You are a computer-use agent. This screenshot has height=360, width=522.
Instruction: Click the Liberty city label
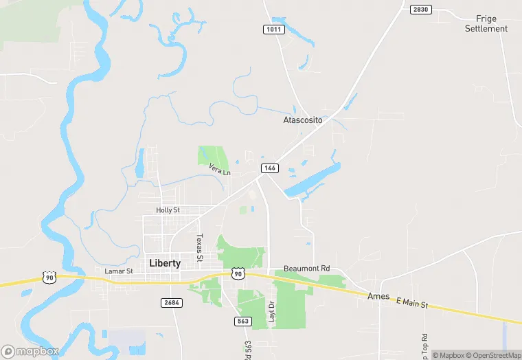(165, 263)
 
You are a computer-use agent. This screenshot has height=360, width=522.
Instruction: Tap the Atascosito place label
(303, 120)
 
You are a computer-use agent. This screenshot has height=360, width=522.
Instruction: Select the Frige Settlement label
(486, 23)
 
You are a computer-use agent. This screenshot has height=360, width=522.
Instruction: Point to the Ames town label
(379, 295)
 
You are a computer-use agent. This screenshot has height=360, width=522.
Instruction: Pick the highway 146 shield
(269, 168)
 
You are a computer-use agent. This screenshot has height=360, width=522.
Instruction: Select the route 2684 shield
(172, 302)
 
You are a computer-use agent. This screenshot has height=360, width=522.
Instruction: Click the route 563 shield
(243, 320)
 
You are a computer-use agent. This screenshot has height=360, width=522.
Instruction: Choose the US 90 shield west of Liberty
(49, 277)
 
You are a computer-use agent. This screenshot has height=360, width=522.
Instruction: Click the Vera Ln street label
(220, 168)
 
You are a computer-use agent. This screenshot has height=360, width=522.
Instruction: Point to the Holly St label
(168, 210)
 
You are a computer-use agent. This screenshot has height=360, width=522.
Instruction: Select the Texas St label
(200, 247)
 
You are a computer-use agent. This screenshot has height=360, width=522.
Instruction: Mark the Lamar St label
(118, 271)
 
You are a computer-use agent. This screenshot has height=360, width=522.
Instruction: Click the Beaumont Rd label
(307, 268)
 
